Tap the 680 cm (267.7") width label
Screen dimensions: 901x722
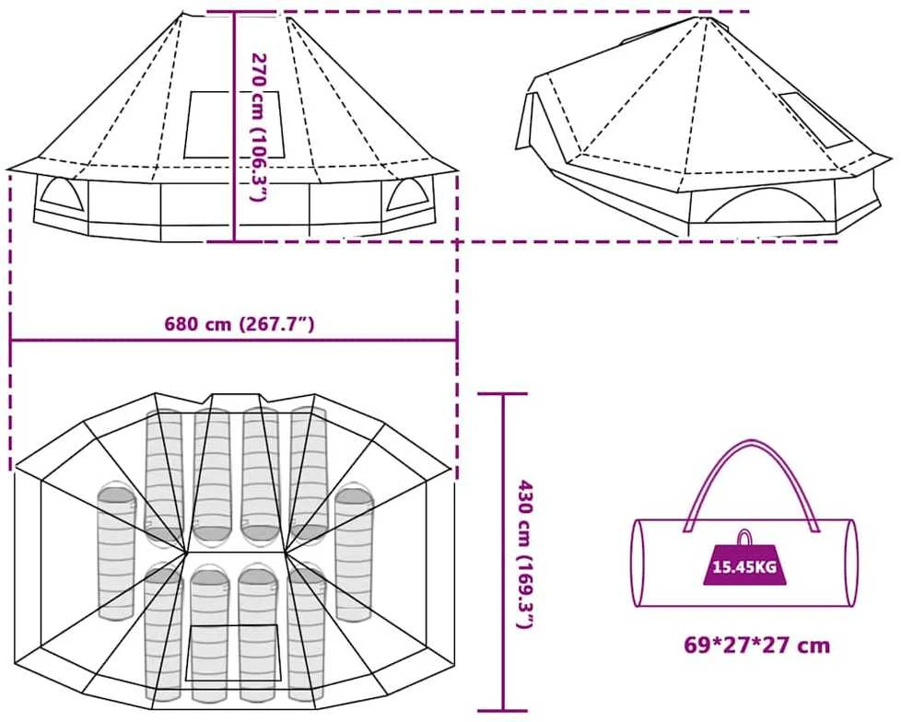(240, 324)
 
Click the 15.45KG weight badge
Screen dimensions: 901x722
(744, 567)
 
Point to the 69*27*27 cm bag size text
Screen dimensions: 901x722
(756, 645)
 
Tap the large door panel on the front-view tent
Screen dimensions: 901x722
(234, 124)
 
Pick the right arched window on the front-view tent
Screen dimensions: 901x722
(405, 194)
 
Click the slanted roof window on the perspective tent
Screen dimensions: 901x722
(814, 120)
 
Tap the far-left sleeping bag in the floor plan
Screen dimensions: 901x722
(116, 551)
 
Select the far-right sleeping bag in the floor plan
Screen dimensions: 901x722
(354, 553)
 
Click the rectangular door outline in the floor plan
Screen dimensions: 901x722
(233, 653)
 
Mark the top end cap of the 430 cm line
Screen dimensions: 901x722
(503, 394)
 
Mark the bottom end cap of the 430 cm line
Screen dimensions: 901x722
(503, 711)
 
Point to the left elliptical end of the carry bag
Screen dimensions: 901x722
(638, 563)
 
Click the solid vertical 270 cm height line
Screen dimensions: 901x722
(234, 126)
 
